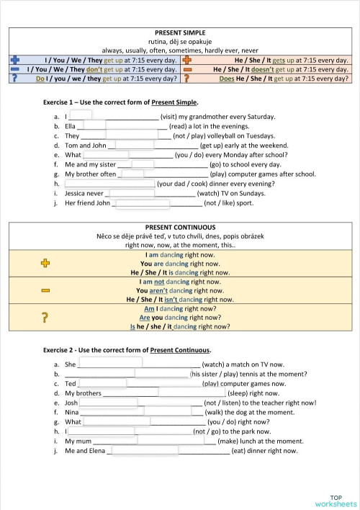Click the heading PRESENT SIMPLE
pos(180,33)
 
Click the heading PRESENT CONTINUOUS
pos(180,227)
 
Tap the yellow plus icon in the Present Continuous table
pos(45,264)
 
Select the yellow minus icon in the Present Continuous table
pos(45,290)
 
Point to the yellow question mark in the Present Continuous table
pos(45,317)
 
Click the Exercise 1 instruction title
pos(120,103)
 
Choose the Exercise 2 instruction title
pos(127,350)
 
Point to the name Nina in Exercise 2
pos(72,413)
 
